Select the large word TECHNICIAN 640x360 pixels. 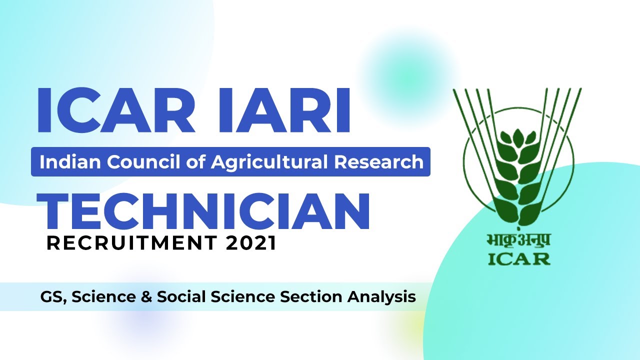(203, 212)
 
